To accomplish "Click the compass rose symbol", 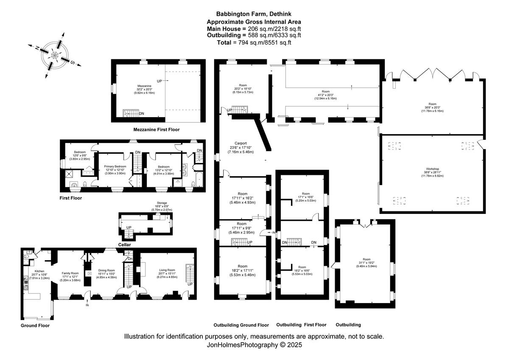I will [55, 55].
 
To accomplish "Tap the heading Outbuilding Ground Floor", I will [241, 325].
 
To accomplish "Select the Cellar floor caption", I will [125, 245].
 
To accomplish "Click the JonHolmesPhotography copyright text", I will [254, 345].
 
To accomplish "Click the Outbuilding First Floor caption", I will [301, 325].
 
